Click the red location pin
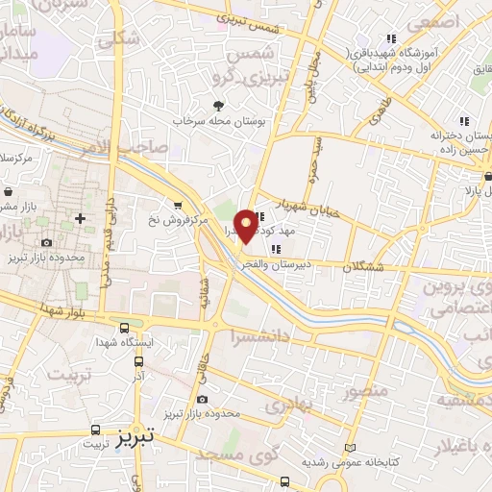(246, 225)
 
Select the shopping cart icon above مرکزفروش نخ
(177, 205)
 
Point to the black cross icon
(80, 218)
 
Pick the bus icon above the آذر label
(138, 362)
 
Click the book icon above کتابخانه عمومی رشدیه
(350, 449)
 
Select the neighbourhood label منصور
(366, 392)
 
